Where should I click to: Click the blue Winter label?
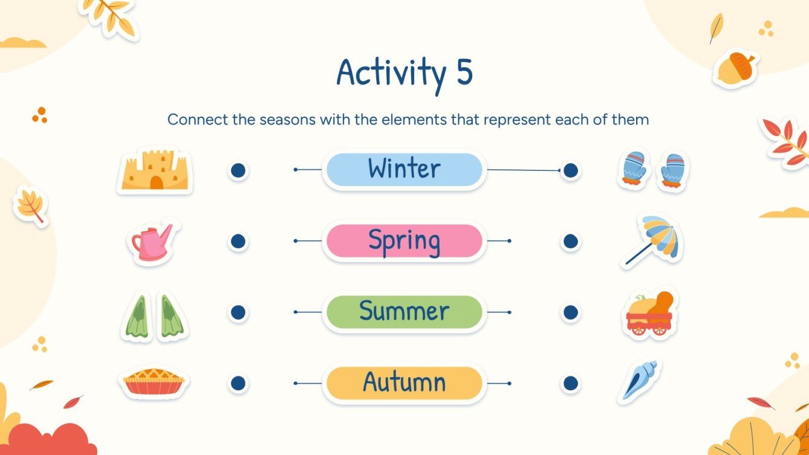404,170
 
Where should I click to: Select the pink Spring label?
404,241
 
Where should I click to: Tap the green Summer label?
404,312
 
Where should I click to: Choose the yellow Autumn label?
404,383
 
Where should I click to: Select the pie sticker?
154,382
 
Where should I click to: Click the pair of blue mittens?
653,169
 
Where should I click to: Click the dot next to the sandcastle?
238,170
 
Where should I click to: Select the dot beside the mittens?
570,171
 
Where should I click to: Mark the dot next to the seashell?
570,383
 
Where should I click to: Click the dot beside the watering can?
238,242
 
